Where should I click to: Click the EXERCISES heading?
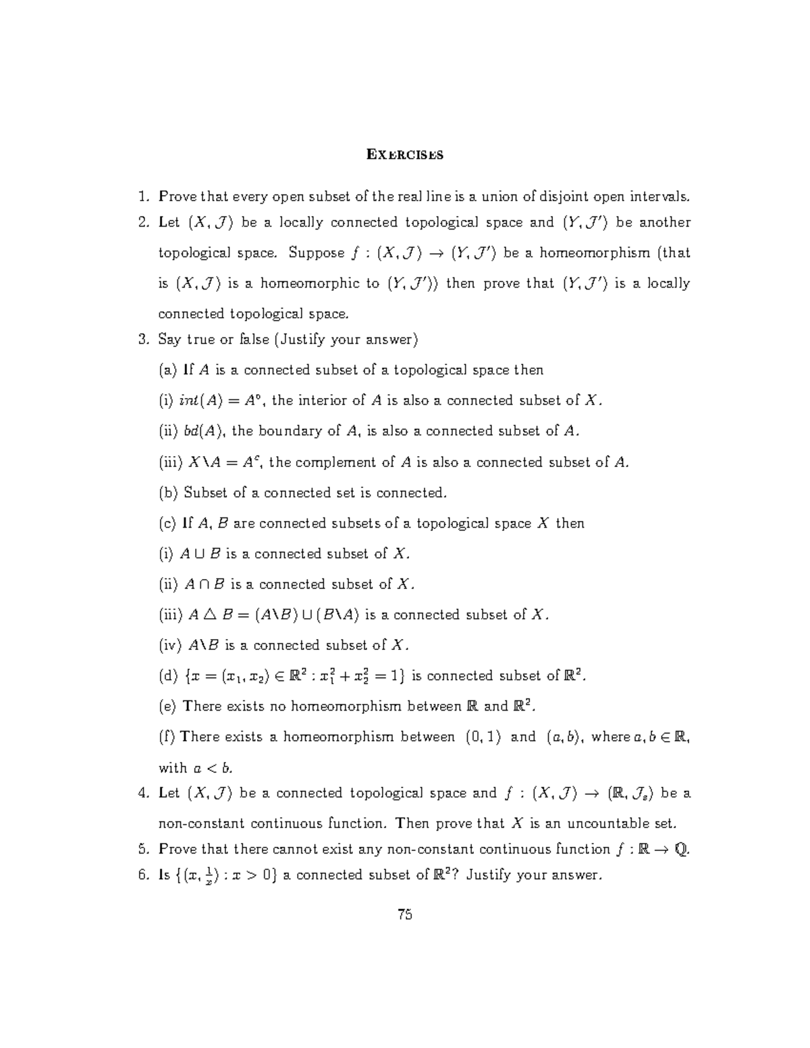pos(405,155)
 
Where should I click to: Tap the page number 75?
pos(405,915)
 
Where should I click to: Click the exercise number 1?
pos(142,197)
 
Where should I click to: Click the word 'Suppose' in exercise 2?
pos(317,253)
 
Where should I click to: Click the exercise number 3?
pos(142,339)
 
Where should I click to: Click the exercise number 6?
pos(142,875)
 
